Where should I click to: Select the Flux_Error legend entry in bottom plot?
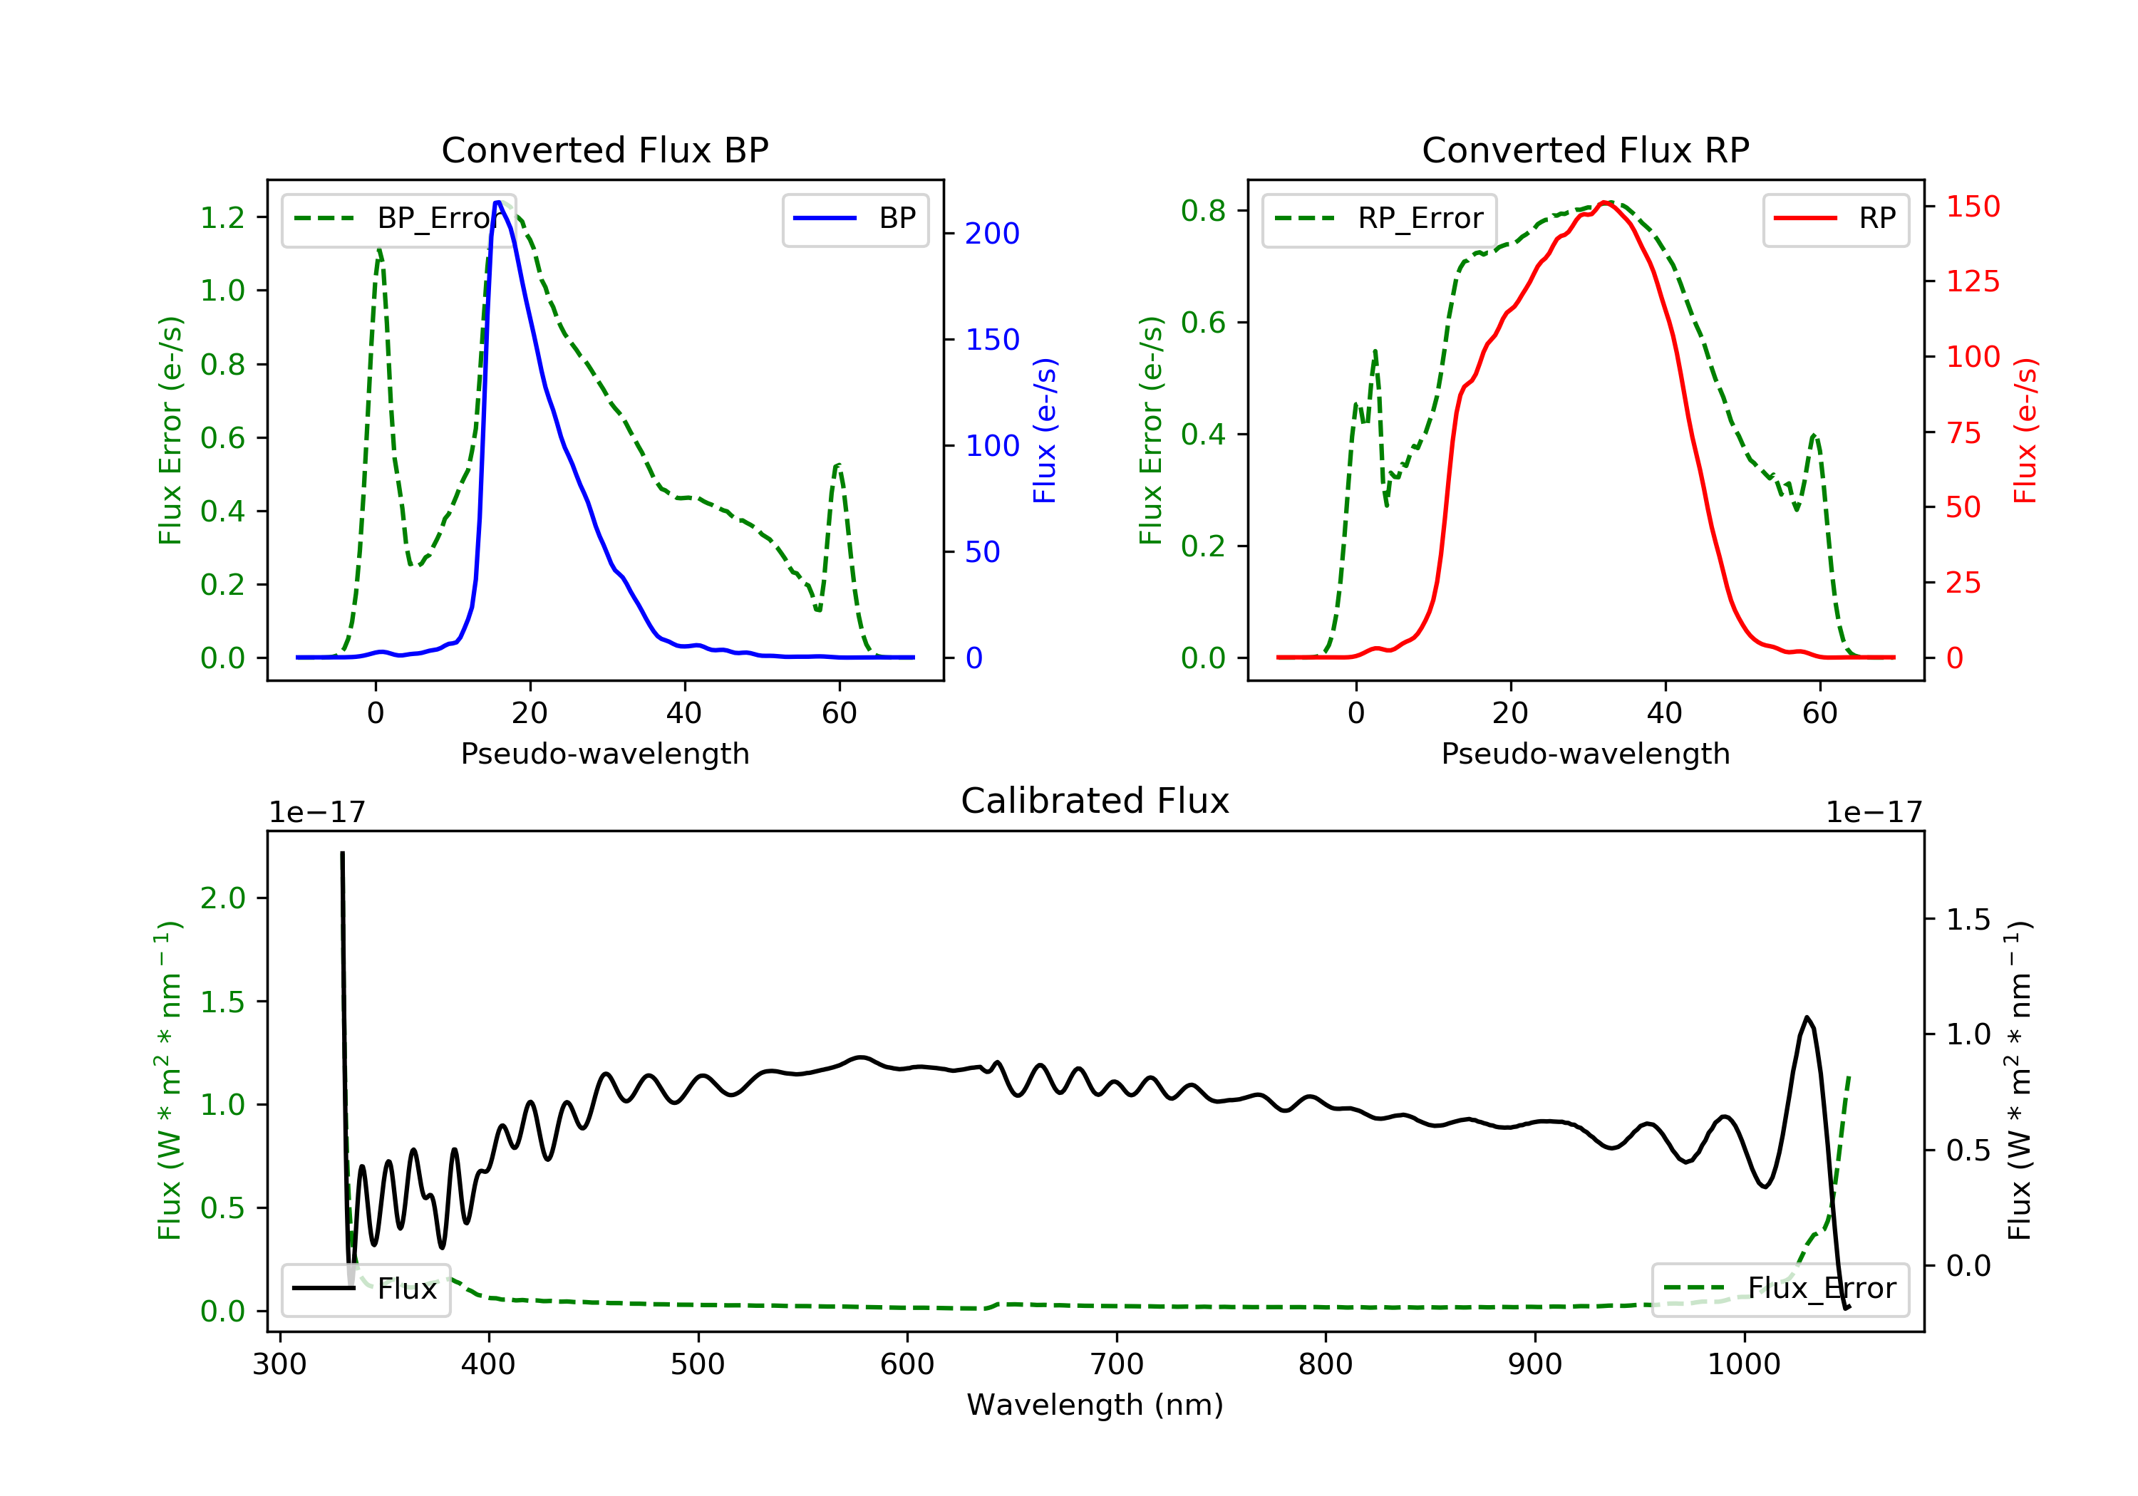click(1780, 1289)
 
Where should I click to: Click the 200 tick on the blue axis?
click(992, 234)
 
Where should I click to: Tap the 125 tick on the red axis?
click(1972, 281)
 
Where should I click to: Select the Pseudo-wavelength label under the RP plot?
click(1585, 754)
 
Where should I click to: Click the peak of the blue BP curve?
click(498, 202)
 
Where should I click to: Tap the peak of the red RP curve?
click(1606, 202)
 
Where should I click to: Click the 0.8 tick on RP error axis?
click(1203, 212)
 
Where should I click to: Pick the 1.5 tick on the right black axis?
click(1968, 920)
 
